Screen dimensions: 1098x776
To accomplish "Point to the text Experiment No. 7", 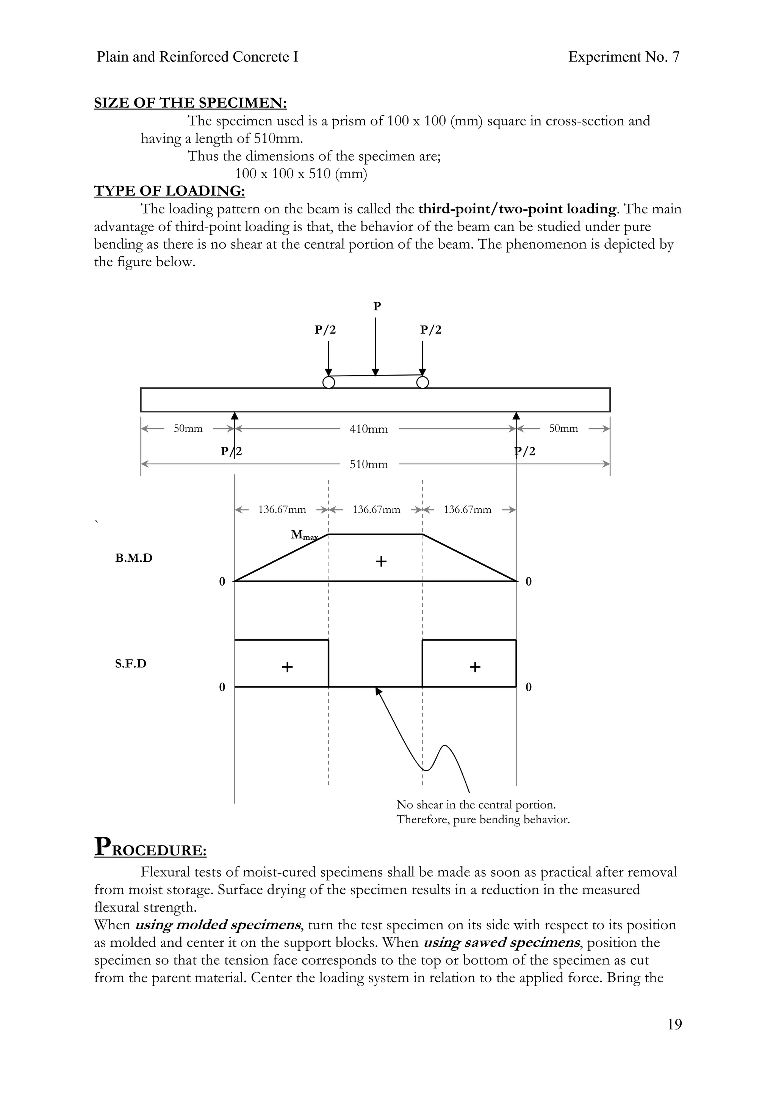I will [x=623, y=57].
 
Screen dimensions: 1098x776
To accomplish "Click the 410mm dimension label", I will [x=369, y=429].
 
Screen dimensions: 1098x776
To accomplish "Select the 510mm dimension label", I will [x=369, y=464].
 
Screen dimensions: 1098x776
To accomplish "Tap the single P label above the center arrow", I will [x=377, y=307].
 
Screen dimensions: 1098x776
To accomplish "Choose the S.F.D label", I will [x=130, y=664].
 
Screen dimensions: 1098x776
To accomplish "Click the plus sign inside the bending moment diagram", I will [x=381, y=561].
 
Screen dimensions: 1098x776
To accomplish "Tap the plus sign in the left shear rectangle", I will [x=287, y=667].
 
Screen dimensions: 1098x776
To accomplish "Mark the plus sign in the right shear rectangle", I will [x=475, y=667].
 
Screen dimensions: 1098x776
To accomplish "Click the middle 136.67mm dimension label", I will [x=376, y=510].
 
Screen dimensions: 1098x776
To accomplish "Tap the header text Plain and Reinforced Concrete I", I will [x=197, y=57].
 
